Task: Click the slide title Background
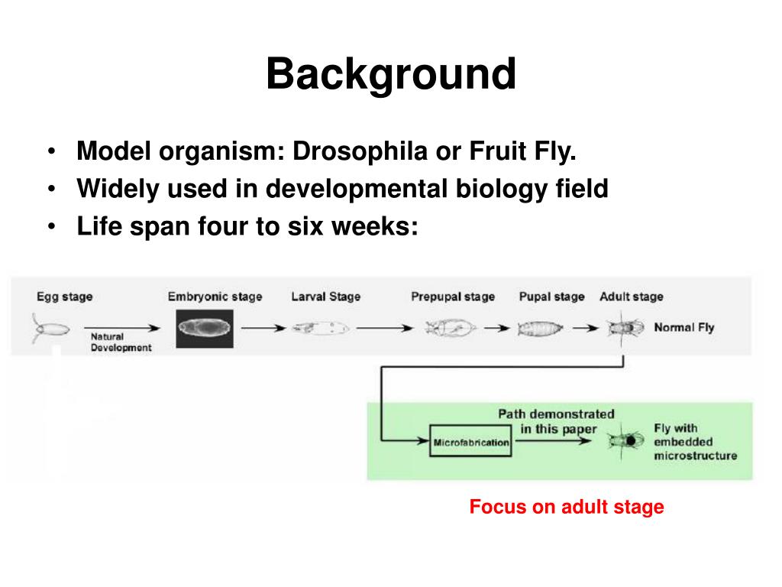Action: [391, 76]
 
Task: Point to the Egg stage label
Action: [64, 297]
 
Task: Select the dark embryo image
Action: [205, 329]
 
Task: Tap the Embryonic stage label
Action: [215, 297]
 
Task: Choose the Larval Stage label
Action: [325, 297]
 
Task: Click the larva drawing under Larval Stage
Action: [320, 329]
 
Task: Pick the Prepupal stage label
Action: [453, 297]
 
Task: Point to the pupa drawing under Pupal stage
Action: [540, 329]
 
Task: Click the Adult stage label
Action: [632, 297]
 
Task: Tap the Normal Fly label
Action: [684, 328]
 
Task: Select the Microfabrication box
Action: [470, 442]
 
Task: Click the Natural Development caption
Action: [121, 342]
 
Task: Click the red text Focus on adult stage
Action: [567, 507]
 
